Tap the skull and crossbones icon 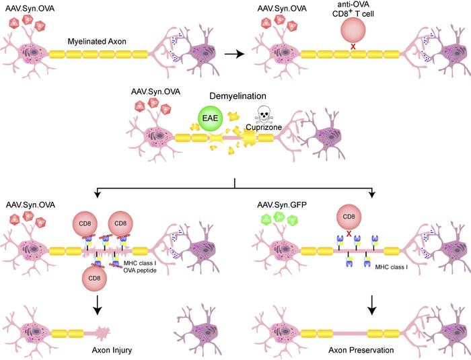pyautogui.click(x=264, y=116)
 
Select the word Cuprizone pyautogui.click(x=268, y=131)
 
